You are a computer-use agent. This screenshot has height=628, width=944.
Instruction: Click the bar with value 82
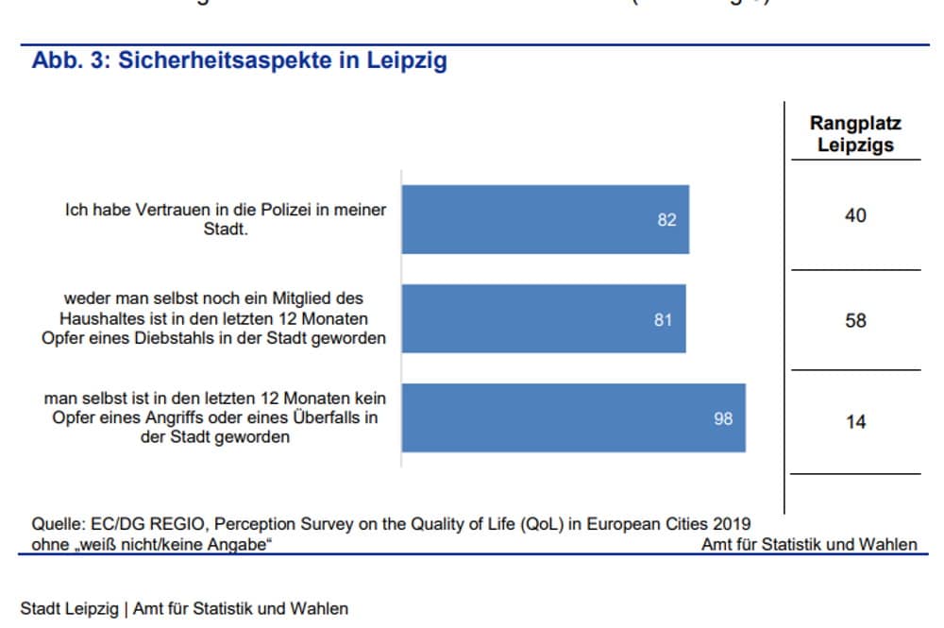[x=545, y=219]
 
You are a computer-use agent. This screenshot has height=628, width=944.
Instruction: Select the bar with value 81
[x=543, y=319]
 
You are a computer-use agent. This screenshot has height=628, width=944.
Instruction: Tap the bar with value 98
[x=573, y=417]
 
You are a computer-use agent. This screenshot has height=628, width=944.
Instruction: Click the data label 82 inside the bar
[x=666, y=220]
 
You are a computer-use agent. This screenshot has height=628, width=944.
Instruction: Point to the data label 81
[x=663, y=320]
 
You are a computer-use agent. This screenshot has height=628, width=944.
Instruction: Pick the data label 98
[x=723, y=418]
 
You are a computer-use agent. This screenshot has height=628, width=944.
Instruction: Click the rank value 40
[x=855, y=216]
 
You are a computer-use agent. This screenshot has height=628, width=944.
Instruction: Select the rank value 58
[x=855, y=321]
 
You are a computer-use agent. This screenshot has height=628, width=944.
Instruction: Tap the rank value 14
[x=855, y=422]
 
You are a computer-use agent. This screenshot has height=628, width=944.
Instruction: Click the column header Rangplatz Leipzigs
[x=855, y=134]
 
